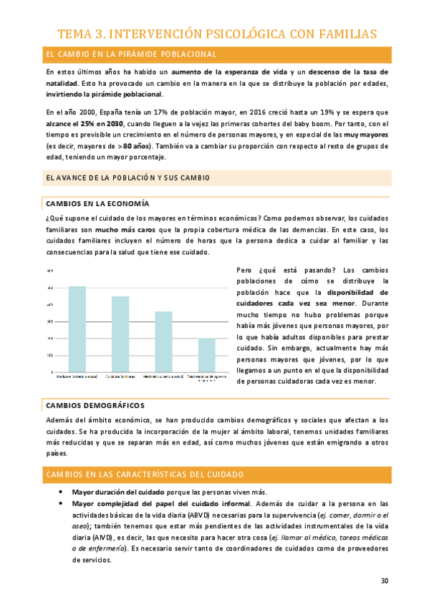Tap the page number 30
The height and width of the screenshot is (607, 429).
click(385, 581)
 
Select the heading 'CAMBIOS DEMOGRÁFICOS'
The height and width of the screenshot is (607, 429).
click(95, 405)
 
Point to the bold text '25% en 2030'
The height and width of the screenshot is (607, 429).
click(94, 123)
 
